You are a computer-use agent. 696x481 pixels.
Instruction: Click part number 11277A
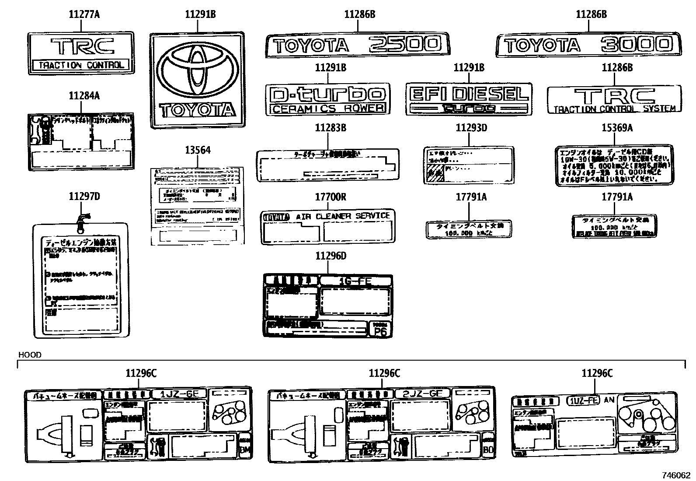[x=84, y=14]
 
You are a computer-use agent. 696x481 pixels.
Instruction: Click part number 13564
[x=197, y=150]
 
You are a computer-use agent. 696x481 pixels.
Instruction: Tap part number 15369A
[x=617, y=128]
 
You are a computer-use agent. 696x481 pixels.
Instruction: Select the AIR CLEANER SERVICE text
[x=342, y=216]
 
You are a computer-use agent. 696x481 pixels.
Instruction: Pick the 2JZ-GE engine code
[x=422, y=393]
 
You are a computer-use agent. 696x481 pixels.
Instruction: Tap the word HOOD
[x=29, y=355]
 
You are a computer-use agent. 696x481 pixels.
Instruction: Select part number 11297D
[x=84, y=197]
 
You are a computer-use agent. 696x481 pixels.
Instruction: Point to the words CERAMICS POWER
[x=327, y=109]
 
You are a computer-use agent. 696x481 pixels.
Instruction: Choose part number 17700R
[x=331, y=197]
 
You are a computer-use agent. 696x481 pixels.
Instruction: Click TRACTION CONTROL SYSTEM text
[x=614, y=109]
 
